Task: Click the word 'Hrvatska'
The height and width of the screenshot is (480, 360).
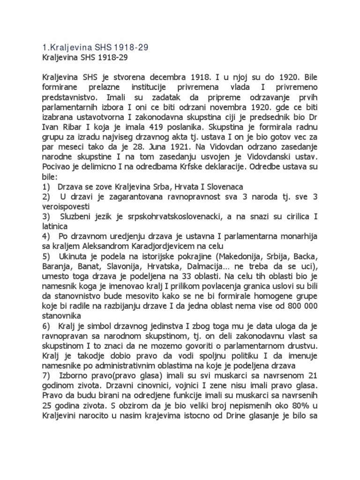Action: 162,270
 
